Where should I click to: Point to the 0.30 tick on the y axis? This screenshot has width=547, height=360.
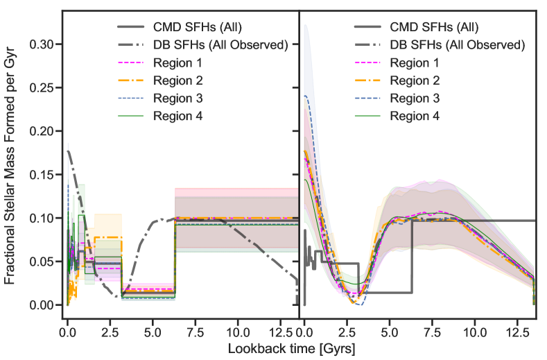click(40, 44)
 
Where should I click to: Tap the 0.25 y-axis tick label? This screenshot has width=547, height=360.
click(40, 88)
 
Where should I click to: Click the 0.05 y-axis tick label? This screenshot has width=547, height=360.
click(40, 262)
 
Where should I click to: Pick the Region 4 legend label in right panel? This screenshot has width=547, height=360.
click(415, 115)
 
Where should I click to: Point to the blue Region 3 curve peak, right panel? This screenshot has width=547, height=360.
click(306, 96)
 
